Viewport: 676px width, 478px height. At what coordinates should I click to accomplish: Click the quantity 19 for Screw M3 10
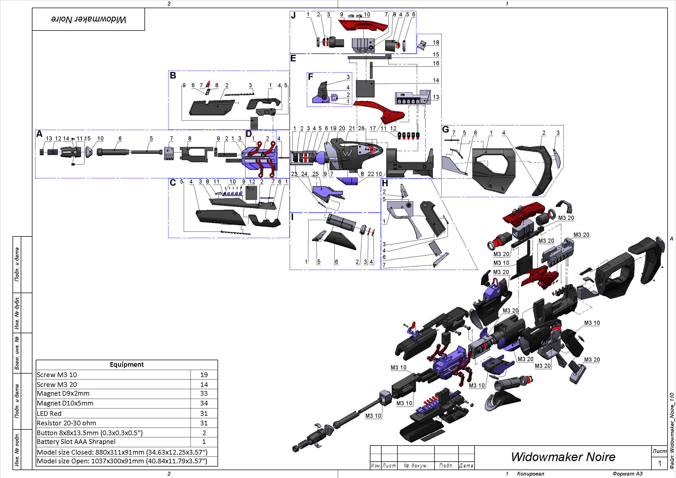tap(204, 375)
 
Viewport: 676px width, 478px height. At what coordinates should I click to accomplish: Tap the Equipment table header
tap(126, 364)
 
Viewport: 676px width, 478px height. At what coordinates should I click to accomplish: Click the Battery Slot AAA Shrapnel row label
tap(76, 441)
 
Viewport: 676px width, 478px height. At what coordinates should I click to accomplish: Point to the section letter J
tap(293, 15)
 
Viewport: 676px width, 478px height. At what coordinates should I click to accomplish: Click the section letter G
tap(445, 129)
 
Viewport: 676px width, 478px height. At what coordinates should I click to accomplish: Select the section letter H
tap(385, 183)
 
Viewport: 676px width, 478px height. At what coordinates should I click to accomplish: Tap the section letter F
tap(310, 77)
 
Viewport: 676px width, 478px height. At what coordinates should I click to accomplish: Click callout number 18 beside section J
tap(436, 43)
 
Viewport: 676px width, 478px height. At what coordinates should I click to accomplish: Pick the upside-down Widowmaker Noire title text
tap(88, 19)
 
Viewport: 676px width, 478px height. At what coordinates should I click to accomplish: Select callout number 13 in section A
tap(49, 139)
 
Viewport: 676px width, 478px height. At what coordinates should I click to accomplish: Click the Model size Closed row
tap(122, 452)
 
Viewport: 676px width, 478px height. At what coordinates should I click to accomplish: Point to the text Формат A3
tap(627, 474)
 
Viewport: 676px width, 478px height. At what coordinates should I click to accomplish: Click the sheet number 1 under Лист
tap(660, 463)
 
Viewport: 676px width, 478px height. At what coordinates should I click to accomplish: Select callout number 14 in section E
tap(436, 80)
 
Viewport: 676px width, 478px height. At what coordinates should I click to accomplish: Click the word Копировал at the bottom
tap(530, 474)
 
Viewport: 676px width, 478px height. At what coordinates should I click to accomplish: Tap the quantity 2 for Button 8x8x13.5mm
tap(204, 433)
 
